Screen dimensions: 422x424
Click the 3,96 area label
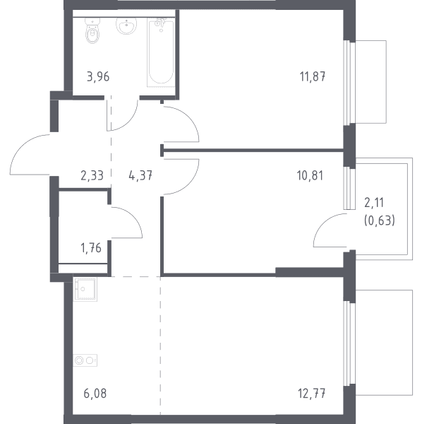(98, 77)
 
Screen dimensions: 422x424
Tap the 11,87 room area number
(313, 77)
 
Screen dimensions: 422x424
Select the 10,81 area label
(310, 176)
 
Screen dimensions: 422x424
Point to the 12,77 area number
(312, 394)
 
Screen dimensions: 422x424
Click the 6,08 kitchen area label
(95, 394)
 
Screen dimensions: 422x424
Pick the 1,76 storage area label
(91, 248)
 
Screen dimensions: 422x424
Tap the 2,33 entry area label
(92, 176)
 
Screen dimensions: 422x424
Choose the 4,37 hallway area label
(140, 176)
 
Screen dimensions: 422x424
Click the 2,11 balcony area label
(374, 203)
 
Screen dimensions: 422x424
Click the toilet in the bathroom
(92, 30)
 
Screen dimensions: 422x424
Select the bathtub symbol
(160, 52)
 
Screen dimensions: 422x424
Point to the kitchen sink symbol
(85, 290)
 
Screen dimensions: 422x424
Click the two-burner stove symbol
(85, 360)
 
